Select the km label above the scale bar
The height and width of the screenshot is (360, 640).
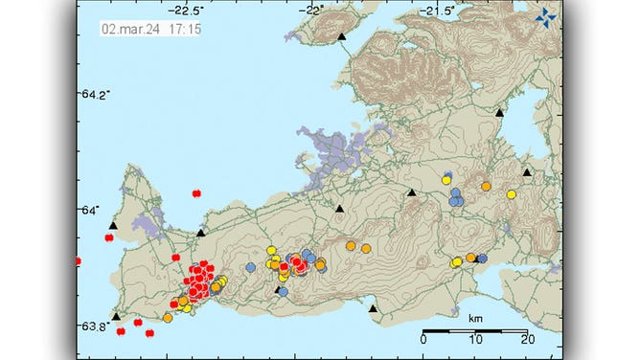coord(475,317)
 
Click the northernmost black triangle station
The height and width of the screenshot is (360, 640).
coord(341,35)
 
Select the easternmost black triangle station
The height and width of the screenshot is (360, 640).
coord(527,172)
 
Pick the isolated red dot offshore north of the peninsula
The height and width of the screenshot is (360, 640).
coord(196,192)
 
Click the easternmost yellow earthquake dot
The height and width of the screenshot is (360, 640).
coord(512,194)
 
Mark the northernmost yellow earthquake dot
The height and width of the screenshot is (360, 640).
coord(446,178)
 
